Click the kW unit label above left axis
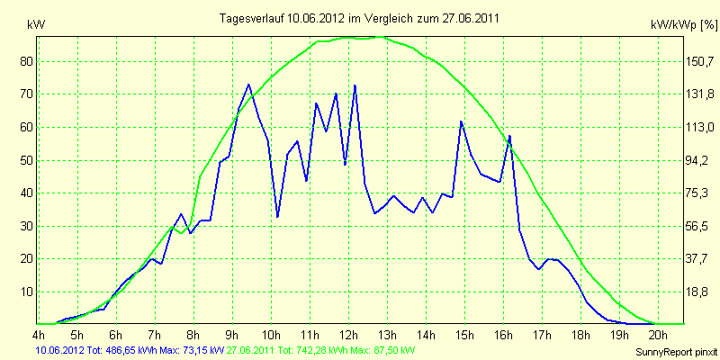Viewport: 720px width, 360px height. click(x=36, y=26)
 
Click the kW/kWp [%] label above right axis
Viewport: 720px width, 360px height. click(x=683, y=25)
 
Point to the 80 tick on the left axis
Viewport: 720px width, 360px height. click(x=24, y=61)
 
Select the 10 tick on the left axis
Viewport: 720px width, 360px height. click(x=24, y=292)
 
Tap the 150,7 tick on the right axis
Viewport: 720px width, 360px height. click(x=699, y=61)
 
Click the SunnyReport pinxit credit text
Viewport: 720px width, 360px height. click(x=676, y=352)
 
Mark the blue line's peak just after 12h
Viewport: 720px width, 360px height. click(x=355, y=85)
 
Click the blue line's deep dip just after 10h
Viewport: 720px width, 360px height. click(x=278, y=216)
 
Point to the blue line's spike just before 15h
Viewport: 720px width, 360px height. click(x=461, y=121)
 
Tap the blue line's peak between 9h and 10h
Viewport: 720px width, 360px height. click(x=248, y=85)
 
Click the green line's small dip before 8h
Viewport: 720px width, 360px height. click(x=182, y=233)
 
